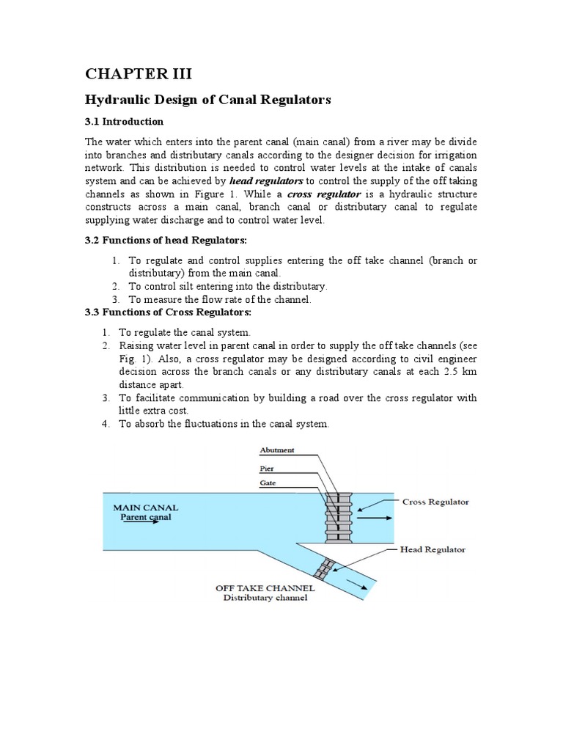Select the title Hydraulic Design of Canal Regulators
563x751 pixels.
pos(209,99)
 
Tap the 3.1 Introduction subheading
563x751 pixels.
pos(125,121)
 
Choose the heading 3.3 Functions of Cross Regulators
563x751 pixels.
pos(161,312)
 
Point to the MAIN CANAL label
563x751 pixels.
pos(145,507)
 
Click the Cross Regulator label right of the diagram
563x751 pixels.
pos(436,502)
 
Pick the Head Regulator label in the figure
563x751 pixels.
pos(434,549)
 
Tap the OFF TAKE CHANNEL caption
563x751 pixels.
pos(265,588)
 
